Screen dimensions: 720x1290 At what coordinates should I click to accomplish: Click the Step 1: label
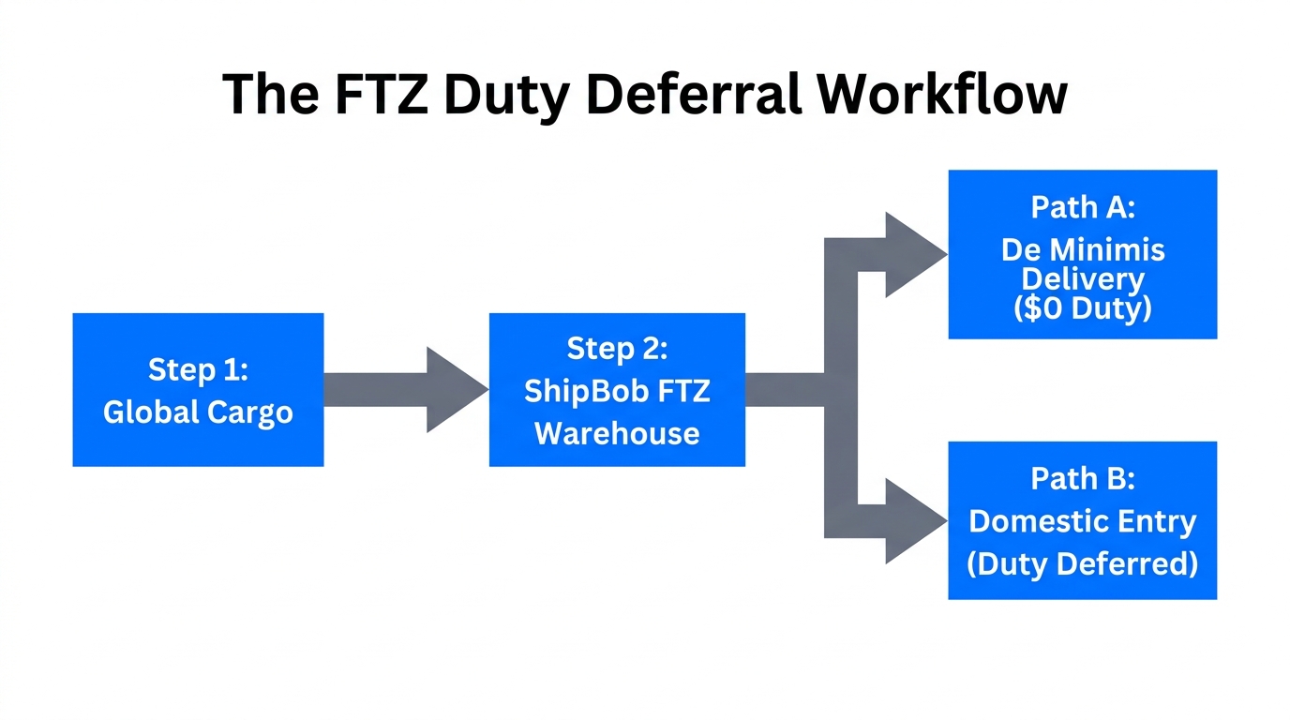(x=198, y=369)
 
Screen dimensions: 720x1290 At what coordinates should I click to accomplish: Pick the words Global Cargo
(x=198, y=412)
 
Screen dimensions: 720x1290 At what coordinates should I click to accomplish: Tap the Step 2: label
(x=617, y=349)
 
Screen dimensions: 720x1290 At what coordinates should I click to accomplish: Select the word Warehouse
(x=617, y=433)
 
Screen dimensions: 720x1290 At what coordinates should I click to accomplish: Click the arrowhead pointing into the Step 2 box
(x=456, y=389)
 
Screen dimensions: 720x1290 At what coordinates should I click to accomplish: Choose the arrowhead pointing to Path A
(x=913, y=254)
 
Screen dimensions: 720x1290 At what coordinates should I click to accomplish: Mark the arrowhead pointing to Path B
(x=913, y=521)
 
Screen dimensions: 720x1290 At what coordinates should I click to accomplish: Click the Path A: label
(x=1083, y=207)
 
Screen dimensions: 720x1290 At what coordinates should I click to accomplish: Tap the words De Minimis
(x=1083, y=249)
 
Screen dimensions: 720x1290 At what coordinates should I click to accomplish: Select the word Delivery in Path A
(x=1083, y=278)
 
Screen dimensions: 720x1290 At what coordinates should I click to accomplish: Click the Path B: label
(x=1083, y=478)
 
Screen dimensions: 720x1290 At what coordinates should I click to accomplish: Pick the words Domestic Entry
(x=1083, y=521)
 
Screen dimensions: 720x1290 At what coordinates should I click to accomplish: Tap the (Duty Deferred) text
(x=1083, y=563)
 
